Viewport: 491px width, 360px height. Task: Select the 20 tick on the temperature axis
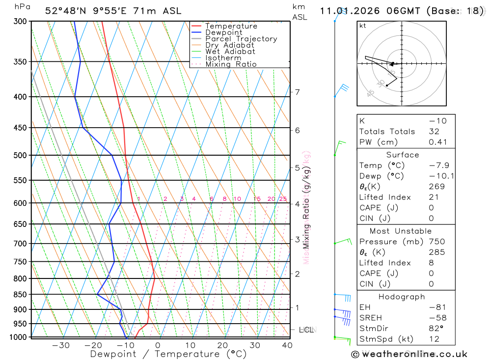point(222,345)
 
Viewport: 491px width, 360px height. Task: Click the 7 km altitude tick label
point(297,92)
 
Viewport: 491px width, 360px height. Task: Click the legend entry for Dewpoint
point(224,32)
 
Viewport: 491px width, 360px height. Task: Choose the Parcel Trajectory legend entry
point(241,39)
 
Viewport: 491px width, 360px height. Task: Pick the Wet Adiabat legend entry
point(230,52)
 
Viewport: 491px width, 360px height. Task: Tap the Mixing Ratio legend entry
point(231,64)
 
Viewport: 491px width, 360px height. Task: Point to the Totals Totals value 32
point(434,132)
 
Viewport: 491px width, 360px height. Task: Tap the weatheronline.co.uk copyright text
point(409,354)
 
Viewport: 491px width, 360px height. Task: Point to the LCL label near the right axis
point(306,330)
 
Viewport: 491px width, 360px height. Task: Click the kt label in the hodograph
point(363,26)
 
